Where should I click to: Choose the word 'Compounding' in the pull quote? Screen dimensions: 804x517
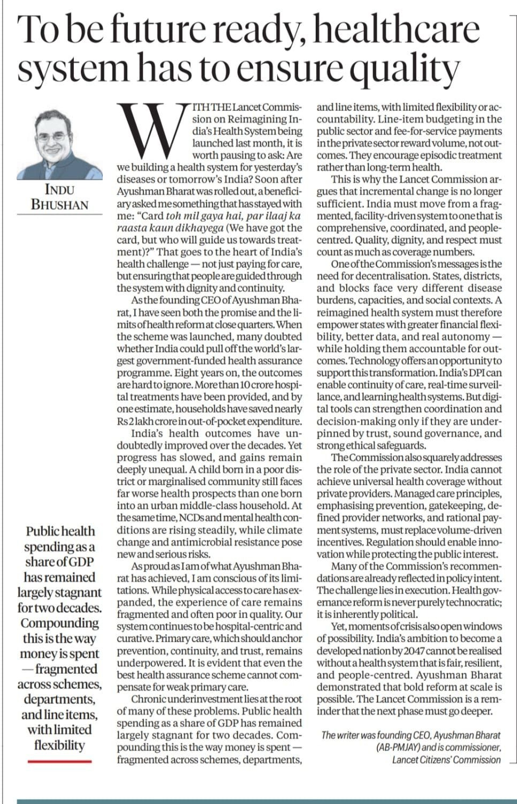(59, 623)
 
